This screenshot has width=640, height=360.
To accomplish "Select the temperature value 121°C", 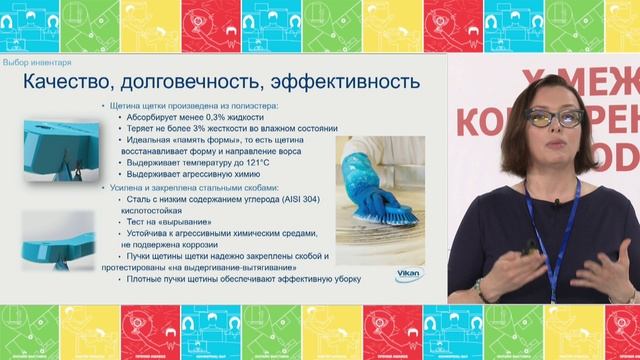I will click(x=252, y=163).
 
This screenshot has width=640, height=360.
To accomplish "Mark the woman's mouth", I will click(x=556, y=146).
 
